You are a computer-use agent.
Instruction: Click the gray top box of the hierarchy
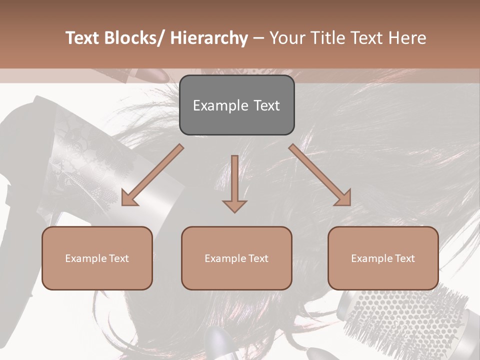pos(236,105)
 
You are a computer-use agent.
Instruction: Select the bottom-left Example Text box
pos(97,258)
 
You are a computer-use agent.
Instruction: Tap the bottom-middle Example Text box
pos(236,258)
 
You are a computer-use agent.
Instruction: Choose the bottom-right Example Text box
pos(383,258)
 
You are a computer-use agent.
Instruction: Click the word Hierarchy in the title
pos(209,38)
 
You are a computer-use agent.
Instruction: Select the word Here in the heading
pos(408,38)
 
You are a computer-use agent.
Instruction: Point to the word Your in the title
pos(286,38)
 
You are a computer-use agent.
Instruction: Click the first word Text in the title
pos(82,38)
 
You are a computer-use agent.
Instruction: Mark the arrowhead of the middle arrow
pos(234,205)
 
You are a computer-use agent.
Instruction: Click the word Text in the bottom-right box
pos(404,258)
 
